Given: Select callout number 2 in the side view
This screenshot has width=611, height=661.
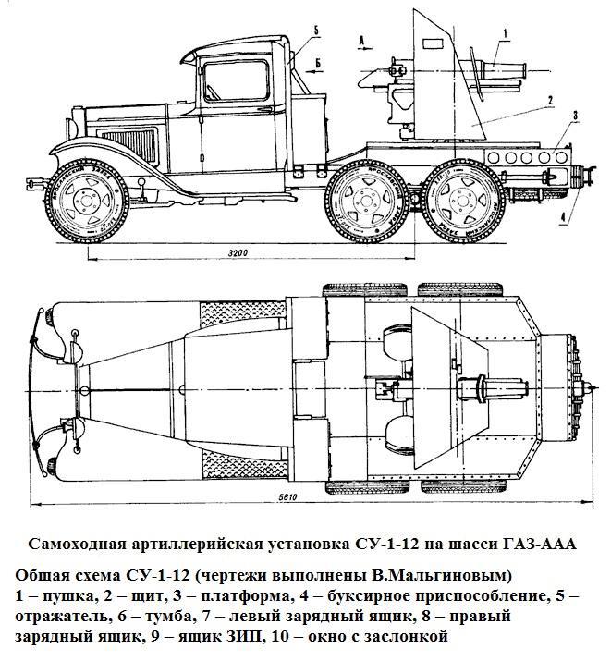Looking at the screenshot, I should pyautogui.click(x=548, y=99).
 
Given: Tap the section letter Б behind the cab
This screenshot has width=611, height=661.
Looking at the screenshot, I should pyautogui.click(x=317, y=63).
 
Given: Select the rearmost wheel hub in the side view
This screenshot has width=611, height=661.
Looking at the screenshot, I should pyautogui.click(x=460, y=199).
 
